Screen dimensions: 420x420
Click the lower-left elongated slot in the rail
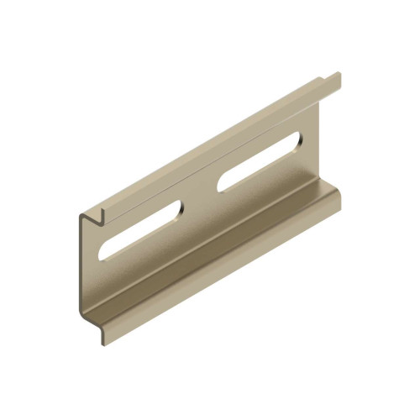140,228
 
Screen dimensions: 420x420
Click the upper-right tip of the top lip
339,78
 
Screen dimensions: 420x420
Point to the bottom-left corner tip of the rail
104,342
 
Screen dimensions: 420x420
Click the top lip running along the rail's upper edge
218,144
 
